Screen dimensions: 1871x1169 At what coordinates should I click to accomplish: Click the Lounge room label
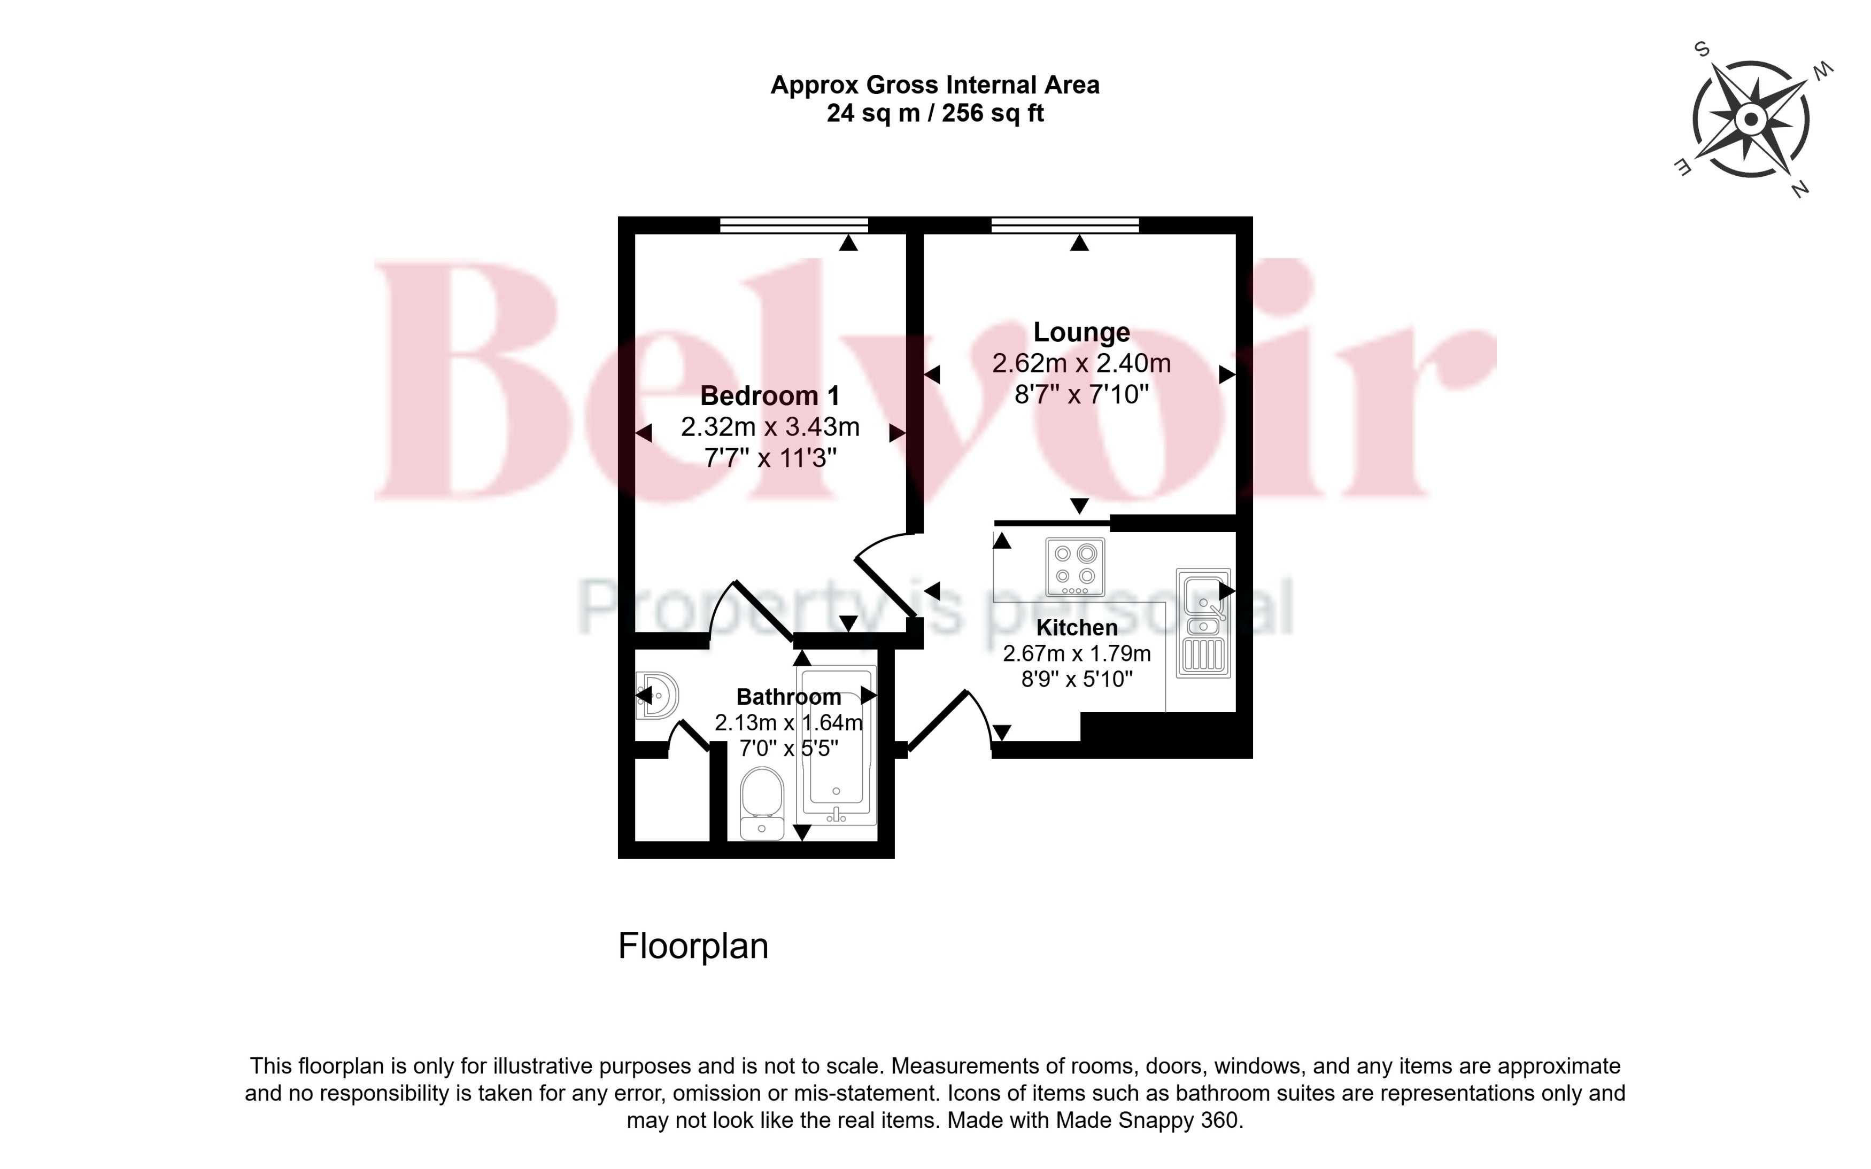[x=1081, y=332]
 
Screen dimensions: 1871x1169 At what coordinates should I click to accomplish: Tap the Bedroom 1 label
[x=770, y=396]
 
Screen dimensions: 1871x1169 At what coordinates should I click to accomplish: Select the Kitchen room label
[x=1077, y=627]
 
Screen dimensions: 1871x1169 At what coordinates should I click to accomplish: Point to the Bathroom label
[x=788, y=697]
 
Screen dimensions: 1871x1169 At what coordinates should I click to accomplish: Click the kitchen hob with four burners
[x=1075, y=567]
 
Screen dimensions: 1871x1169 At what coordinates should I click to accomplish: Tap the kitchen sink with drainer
[x=1203, y=623]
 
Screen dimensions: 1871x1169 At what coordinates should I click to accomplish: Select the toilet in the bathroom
[x=762, y=804]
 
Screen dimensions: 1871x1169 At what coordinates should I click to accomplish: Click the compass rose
[x=1751, y=120]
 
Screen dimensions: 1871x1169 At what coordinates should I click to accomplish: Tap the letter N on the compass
[x=1800, y=188]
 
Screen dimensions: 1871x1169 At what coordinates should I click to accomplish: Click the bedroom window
[x=793, y=225]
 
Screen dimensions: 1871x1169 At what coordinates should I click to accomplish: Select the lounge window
[x=1065, y=225]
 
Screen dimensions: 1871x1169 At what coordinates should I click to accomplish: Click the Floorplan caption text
[x=693, y=946]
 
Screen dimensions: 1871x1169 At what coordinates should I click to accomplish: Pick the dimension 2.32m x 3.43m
[x=770, y=427]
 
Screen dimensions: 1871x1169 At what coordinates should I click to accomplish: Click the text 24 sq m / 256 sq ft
[x=935, y=113]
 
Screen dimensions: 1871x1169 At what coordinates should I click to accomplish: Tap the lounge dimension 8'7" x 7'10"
[x=1081, y=394]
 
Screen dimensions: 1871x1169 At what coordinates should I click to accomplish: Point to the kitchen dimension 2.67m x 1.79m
[x=1077, y=653]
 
